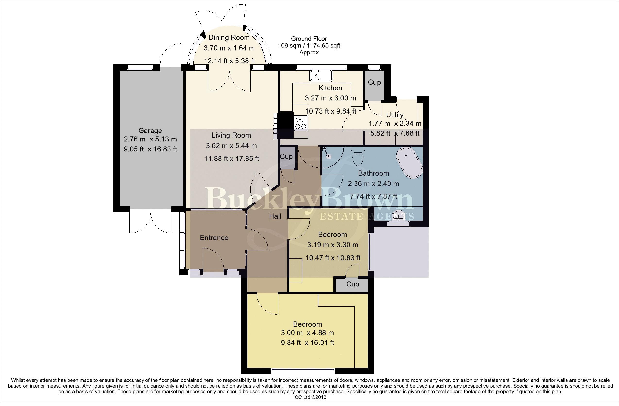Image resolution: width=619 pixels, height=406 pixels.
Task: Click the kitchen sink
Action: pyautogui.click(x=321, y=76)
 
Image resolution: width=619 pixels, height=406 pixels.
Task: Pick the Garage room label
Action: pyautogui.click(x=150, y=131)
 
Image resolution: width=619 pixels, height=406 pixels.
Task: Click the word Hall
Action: pyautogui.click(x=275, y=216)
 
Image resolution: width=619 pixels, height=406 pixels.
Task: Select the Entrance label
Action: pyautogui.click(x=214, y=238)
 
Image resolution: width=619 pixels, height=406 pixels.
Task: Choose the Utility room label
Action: pyautogui.click(x=395, y=115)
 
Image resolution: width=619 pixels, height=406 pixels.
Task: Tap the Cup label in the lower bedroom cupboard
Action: pyautogui.click(x=353, y=284)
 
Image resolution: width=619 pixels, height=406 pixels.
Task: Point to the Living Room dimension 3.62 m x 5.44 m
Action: pyautogui.click(x=231, y=146)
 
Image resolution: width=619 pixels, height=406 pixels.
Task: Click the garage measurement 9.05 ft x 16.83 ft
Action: pyautogui.click(x=150, y=149)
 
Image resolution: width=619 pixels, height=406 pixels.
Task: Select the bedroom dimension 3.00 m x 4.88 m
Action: pyautogui.click(x=307, y=333)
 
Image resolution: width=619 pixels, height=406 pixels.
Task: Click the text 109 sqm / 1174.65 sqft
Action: pyautogui.click(x=309, y=45)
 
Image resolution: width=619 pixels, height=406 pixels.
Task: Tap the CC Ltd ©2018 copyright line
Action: pyautogui.click(x=310, y=397)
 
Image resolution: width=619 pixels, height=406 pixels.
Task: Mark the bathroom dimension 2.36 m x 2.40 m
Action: pyautogui.click(x=373, y=184)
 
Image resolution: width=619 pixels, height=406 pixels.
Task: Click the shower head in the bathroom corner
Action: pyautogui.click(x=325, y=149)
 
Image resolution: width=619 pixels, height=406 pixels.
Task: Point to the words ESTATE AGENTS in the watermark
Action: pyautogui.click(x=367, y=216)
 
